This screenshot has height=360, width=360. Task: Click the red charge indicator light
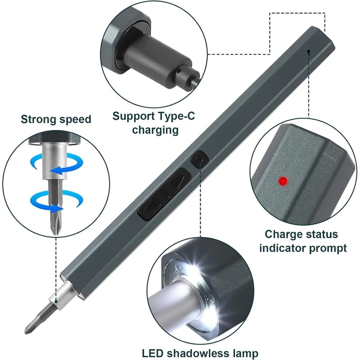point(283,180)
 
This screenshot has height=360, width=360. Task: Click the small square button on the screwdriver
point(198,159)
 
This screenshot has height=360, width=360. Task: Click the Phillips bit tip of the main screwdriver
point(34,322)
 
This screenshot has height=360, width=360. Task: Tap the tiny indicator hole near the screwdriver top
point(309,52)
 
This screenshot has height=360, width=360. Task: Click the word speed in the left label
point(75,119)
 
